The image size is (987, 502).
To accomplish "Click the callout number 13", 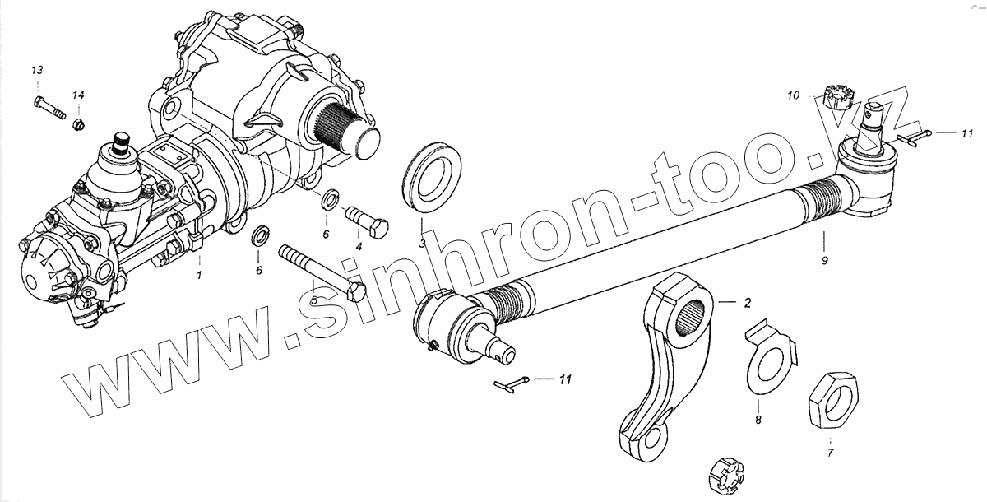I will [37, 70].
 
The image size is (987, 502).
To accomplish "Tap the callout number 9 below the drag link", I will [824, 260].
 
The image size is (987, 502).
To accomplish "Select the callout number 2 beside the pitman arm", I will [747, 303].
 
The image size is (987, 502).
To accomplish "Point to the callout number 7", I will [829, 452].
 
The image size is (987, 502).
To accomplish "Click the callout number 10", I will [793, 95].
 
